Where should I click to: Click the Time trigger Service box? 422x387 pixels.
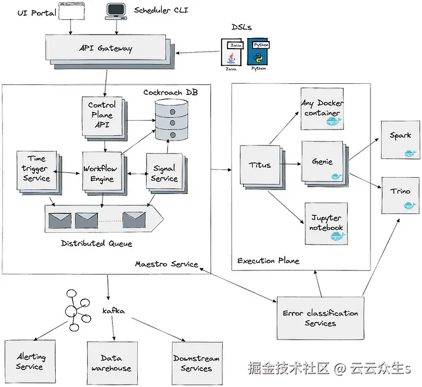click(36, 170)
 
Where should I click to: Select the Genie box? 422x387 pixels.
click(324, 161)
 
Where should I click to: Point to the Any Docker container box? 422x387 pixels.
click(321, 108)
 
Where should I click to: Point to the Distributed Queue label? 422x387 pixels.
click(96, 244)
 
